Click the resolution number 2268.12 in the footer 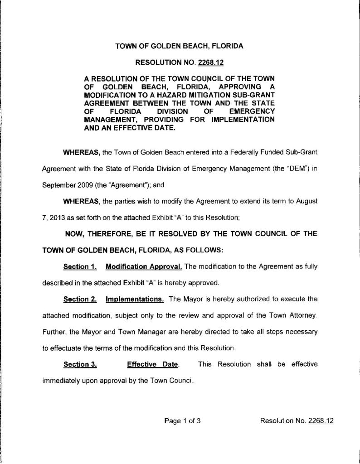coord(321,421)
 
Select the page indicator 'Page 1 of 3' coord(182,421)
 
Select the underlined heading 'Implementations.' coord(135,299)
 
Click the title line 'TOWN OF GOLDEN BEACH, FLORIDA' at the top coord(180,46)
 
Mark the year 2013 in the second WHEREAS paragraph coord(56,217)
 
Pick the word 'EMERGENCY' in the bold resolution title coord(252,111)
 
